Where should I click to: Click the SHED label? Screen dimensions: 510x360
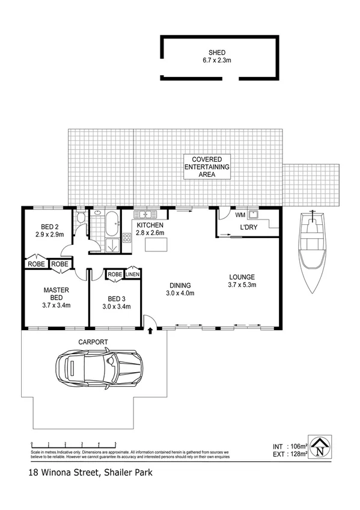pos(220,52)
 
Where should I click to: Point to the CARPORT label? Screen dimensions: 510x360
pos(93,342)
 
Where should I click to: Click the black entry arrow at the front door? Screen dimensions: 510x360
pos(150,330)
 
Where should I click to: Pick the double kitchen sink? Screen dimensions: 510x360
pos(145,214)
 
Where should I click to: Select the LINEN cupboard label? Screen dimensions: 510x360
pos(133,274)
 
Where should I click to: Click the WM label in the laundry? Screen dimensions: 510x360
pos(240,215)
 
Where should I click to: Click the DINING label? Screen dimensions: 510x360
pos(180,285)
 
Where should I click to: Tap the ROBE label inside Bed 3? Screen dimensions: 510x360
pos(115,274)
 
